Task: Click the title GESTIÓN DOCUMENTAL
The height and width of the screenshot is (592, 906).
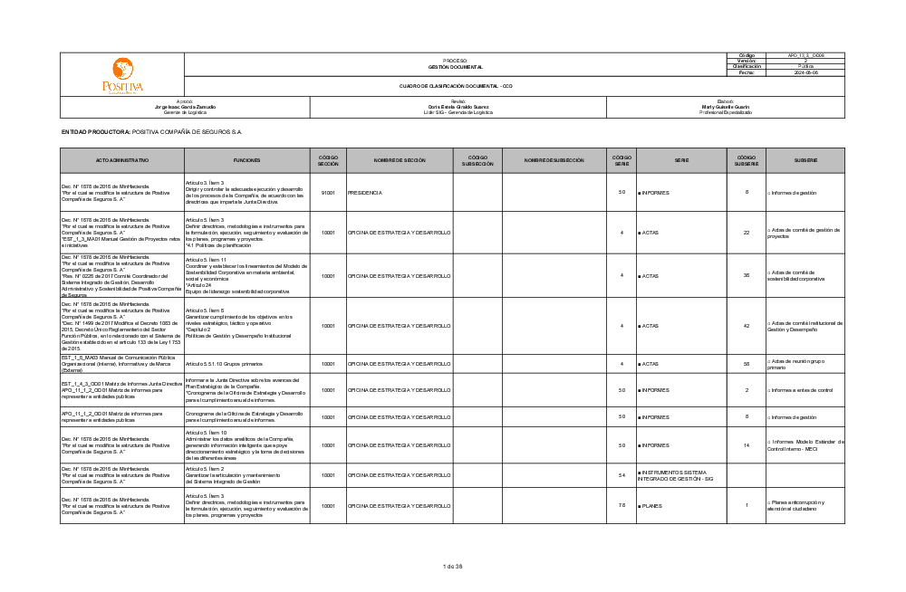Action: pyautogui.click(x=455, y=67)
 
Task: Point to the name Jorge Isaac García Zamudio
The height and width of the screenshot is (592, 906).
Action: pyautogui.click(x=185, y=107)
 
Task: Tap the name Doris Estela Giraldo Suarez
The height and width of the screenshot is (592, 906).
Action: pyautogui.click(x=458, y=107)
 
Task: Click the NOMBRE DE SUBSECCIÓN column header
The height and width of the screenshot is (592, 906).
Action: pyautogui.click(x=554, y=160)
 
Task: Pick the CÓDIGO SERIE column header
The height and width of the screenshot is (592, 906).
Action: pyautogui.click(x=622, y=160)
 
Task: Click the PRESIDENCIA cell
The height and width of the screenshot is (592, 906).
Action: pyautogui.click(x=365, y=193)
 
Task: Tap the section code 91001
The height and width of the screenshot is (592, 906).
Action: pyautogui.click(x=328, y=193)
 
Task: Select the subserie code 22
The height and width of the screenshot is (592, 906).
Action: pyautogui.click(x=747, y=233)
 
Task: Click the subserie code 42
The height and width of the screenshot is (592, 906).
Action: pyautogui.click(x=747, y=325)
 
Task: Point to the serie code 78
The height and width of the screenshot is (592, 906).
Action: pyautogui.click(x=622, y=505)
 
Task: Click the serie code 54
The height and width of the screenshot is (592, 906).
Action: pyautogui.click(x=622, y=475)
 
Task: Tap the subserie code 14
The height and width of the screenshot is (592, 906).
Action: pyautogui.click(x=747, y=445)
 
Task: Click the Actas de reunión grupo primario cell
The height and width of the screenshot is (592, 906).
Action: pyautogui.click(x=803, y=364)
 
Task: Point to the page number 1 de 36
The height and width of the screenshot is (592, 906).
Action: pyautogui.click(x=453, y=567)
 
